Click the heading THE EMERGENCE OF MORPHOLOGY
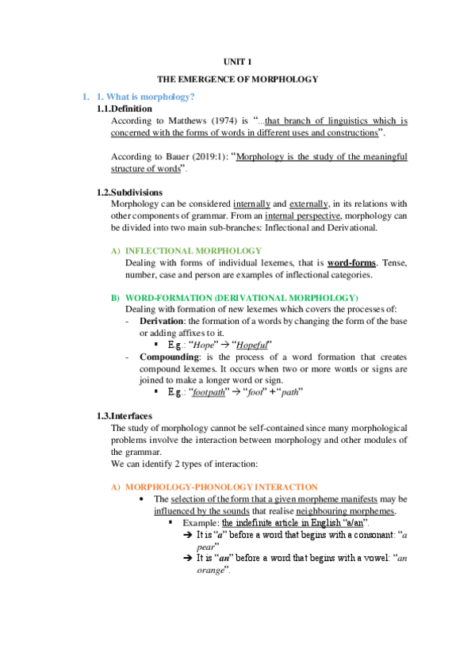(237, 79)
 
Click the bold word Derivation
(162, 321)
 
